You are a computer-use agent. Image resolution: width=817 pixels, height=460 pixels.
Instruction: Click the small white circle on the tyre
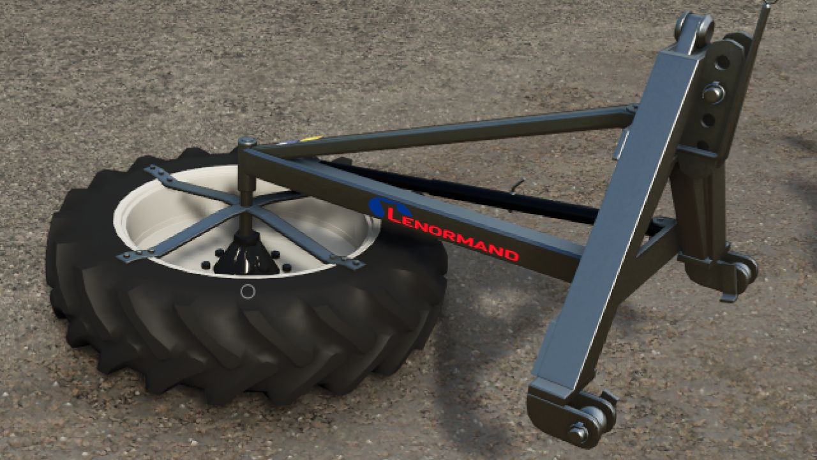248,292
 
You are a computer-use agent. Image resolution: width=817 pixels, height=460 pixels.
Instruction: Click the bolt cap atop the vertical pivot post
247,141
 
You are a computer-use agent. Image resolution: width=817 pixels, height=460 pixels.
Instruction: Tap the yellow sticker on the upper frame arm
309,138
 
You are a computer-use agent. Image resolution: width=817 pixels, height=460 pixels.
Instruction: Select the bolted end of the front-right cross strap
348,262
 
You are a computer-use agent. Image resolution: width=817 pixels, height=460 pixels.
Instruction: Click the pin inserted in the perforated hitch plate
713,93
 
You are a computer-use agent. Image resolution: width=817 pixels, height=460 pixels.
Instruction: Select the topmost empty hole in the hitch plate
722,63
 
